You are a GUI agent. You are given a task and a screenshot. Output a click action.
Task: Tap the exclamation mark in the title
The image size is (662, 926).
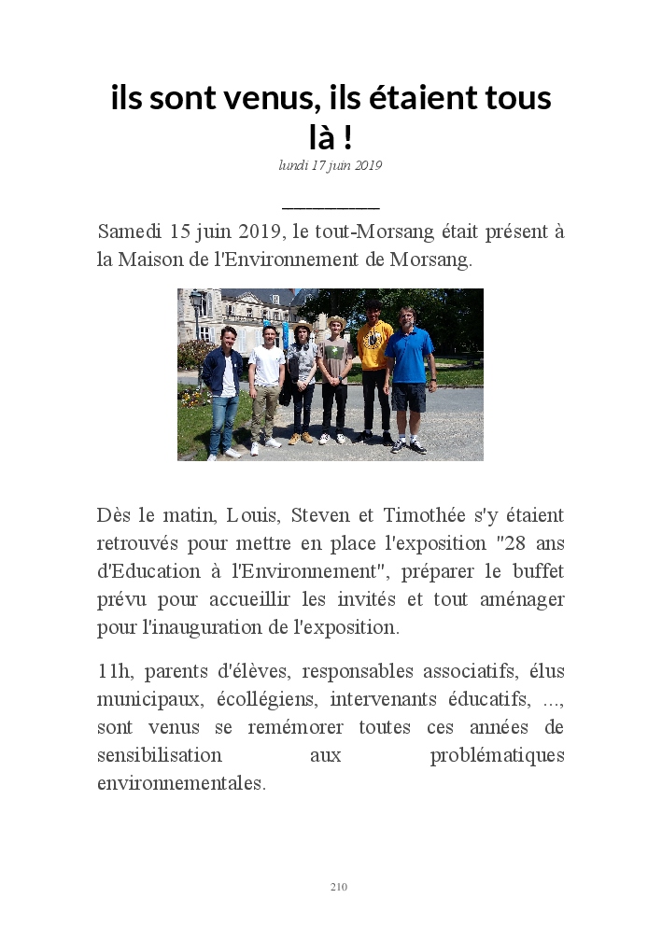coord(346,137)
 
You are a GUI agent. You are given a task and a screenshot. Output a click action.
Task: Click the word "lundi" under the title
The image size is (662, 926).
coord(293,165)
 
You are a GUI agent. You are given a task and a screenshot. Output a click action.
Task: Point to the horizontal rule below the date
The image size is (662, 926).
coord(331,207)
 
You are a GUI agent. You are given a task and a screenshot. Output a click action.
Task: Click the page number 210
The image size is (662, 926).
coord(338,886)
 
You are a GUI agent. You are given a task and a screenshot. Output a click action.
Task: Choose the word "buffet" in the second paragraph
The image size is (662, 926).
coord(537,570)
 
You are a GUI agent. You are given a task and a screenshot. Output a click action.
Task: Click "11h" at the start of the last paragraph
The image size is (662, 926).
coord(115,671)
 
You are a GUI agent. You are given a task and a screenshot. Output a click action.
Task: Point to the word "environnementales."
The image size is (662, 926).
coord(181,783)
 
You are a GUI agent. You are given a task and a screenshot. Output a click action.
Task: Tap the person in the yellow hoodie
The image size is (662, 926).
coord(373,369)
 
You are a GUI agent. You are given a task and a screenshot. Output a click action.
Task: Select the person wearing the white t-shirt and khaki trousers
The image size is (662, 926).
coord(266,383)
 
